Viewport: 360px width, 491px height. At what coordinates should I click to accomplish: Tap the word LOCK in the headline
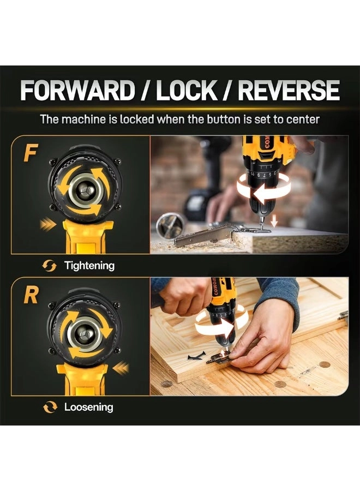[x=186, y=90]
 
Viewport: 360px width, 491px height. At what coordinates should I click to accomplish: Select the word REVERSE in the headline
[x=289, y=90]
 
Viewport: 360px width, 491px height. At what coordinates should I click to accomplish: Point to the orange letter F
[x=31, y=153]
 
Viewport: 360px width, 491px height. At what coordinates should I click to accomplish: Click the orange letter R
[x=31, y=295]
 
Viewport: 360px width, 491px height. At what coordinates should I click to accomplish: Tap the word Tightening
[x=89, y=266]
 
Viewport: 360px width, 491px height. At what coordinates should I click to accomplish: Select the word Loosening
[x=88, y=407]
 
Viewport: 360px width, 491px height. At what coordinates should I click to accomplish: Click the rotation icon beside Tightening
[x=50, y=266]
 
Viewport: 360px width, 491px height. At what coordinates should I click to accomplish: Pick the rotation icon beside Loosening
[x=50, y=408]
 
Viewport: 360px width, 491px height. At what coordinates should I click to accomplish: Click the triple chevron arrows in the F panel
[x=48, y=225]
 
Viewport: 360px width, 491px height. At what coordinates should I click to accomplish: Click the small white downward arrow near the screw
[x=274, y=221]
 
